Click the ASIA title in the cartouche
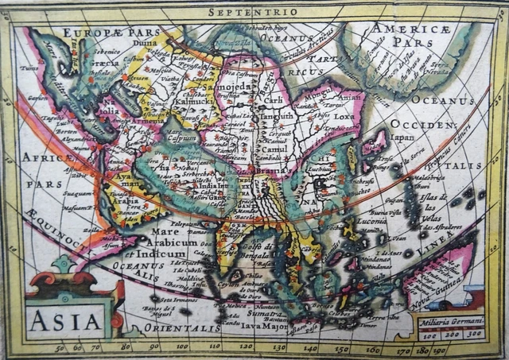click(x=67, y=320)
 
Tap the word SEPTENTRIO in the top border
click(x=253, y=11)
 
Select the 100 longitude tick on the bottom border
click(x=182, y=347)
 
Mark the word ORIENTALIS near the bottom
click(x=188, y=327)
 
